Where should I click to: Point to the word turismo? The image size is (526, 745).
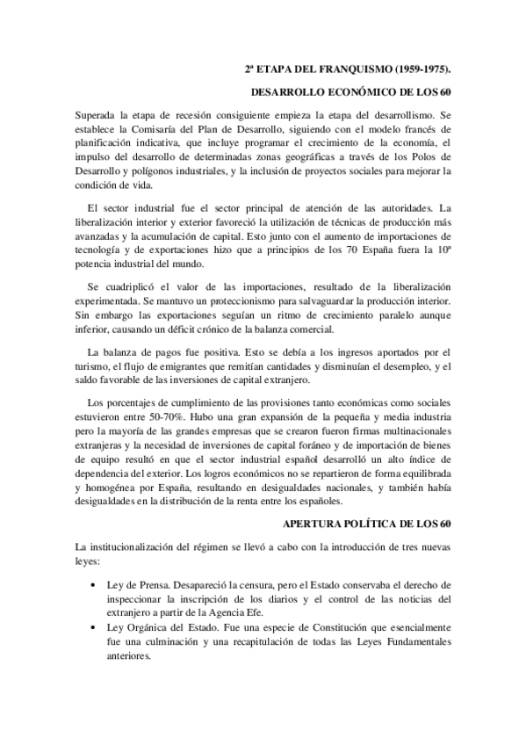[94, 366]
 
